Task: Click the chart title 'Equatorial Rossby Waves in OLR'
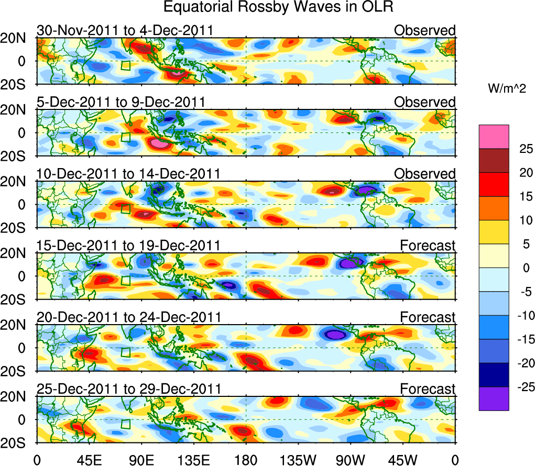tap(278, 7)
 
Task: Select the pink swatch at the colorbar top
tap(494, 137)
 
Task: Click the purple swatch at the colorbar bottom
tap(494, 398)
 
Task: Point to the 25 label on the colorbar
tap(522, 149)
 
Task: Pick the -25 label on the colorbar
tap(522, 387)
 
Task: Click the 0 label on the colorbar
tap(522, 268)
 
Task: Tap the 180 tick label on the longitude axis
tap(246, 460)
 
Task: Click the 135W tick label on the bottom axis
tap(298, 460)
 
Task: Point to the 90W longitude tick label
tap(351, 460)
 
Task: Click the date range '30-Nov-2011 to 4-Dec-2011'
tap(125, 30)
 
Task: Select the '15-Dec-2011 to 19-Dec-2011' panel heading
tap(128, 246)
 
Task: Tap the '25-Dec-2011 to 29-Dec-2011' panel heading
tap(128, 389)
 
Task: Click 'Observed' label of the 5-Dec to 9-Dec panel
tap(425, 102)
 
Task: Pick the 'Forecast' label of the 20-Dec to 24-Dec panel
tap(428, 317)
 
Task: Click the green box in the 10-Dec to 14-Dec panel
tap(125, 209)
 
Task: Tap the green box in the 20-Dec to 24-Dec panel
tap(125, 352)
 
